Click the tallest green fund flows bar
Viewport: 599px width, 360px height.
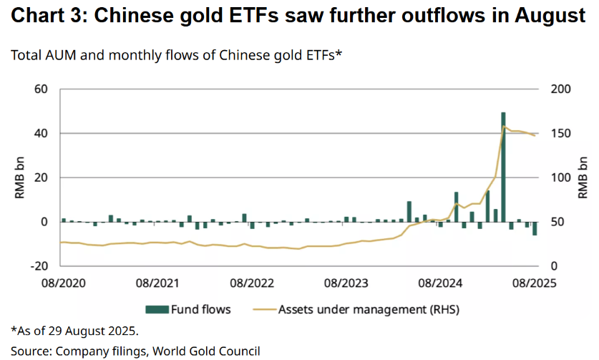click(504, 168)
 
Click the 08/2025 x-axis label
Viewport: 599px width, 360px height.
click(531, 283)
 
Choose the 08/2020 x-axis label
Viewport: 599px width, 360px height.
click(62, 283)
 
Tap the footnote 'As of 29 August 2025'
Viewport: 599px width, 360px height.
click(74, 331)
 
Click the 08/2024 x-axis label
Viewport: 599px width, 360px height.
click(437, 283)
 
